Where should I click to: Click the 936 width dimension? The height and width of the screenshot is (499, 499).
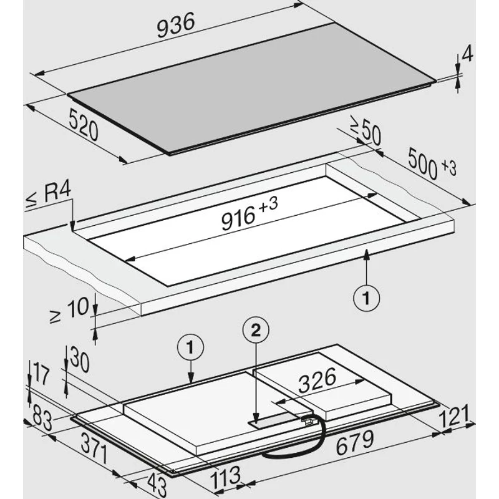175,26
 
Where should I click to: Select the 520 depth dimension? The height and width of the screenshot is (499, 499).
84,124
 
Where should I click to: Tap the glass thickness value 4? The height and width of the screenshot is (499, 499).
467,54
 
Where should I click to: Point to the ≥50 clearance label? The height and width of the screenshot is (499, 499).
366,130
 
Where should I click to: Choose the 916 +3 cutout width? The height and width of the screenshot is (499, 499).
249,214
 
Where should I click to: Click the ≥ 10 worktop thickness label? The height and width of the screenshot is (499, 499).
69,309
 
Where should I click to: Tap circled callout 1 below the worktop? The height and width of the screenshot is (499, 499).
366,299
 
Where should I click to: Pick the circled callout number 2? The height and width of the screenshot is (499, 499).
256,331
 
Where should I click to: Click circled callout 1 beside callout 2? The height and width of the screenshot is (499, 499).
190,347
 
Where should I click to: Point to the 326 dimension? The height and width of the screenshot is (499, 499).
317,380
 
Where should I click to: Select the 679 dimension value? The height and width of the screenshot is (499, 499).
355,442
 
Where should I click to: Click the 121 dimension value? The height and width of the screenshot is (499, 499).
453,416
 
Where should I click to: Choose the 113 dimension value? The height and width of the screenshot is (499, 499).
226,478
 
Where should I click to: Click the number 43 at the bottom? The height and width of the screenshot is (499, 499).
157,485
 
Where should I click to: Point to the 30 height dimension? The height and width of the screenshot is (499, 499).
80,359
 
